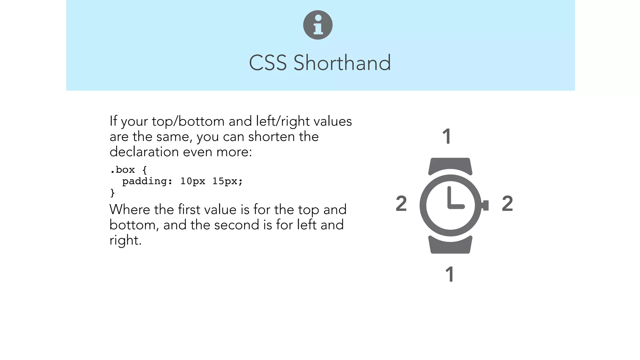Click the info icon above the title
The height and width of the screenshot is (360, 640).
click(318, 25)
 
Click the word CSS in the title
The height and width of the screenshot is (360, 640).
click(267, 63)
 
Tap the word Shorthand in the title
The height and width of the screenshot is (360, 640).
click(342, 63)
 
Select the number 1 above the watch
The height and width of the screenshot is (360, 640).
click(447, 137)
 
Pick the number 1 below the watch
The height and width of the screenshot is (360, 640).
click(449, 274)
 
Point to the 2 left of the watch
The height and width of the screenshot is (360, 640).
click(401, 203)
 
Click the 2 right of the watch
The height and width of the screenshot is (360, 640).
click(507, 203)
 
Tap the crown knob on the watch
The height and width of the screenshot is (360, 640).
click(485, 205)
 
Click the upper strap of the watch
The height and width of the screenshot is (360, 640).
click(450, 165)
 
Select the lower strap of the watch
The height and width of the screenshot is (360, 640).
click(450, 246)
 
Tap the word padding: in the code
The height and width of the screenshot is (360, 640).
click(147, 182)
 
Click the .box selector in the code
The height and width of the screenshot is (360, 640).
click(122, 170)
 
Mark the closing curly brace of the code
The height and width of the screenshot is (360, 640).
click(112, 193)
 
